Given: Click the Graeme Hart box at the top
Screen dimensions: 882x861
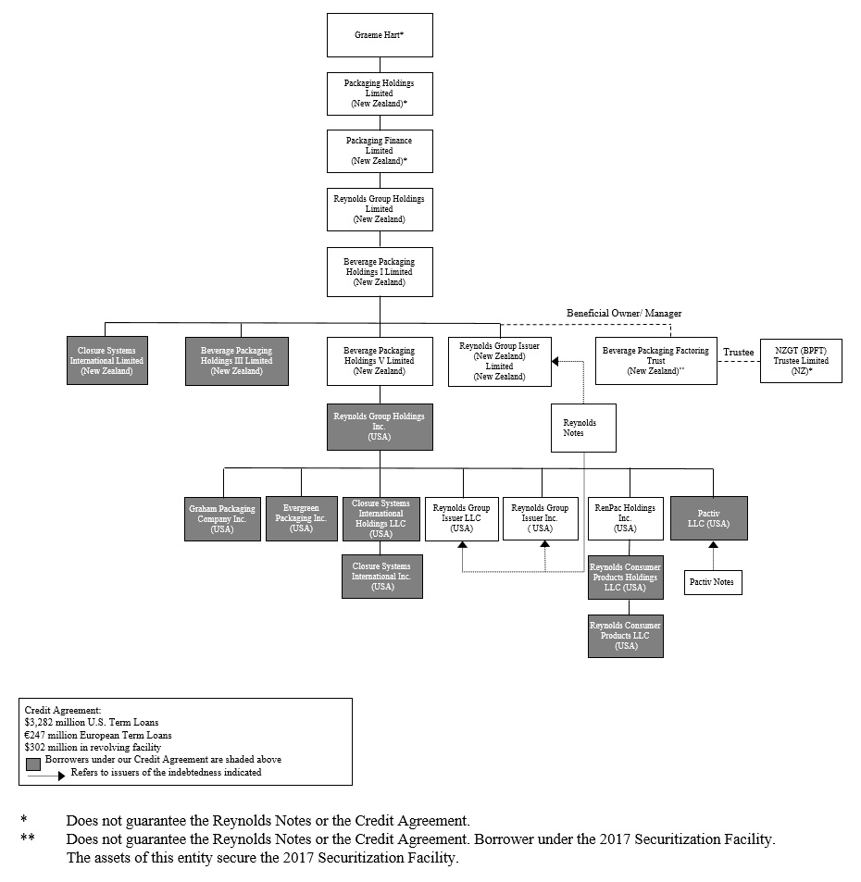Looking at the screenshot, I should [x=380, y=35].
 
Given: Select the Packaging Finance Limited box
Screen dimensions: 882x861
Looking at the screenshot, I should [x=380, y=151].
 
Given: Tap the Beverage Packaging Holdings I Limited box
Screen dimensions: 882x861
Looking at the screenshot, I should [x=380, y=271].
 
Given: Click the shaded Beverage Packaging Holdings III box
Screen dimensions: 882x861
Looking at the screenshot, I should [x=237, y=361].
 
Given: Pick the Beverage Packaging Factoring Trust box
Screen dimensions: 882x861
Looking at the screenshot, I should [x=655, y=361].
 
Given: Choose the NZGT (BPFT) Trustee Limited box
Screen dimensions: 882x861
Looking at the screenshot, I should [x=801, y=361].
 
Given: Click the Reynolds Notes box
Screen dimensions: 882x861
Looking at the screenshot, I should [x=583, y=428].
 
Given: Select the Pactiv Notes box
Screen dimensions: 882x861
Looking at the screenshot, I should [x=713, y=582].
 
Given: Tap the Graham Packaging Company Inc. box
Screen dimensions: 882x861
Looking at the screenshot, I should [x=222, y=518].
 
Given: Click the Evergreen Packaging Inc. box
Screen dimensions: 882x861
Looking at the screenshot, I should [x=301, y=518].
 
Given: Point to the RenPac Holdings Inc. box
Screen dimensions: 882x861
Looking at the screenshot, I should [x=626, y=518].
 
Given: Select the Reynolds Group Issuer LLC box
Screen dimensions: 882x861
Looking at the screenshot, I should [x=461, y=518].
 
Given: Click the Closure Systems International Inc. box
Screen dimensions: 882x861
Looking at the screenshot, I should [x=381, y=576].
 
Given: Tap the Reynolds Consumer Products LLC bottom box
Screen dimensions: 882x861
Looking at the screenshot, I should [x=626, y=636].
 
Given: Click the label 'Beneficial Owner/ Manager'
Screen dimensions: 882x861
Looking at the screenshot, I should [x=624, y=314].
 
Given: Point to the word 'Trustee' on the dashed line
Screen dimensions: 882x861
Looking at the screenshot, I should [x=738, y=353].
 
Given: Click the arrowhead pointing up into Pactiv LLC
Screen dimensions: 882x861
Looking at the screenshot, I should [x=713, y=546].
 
